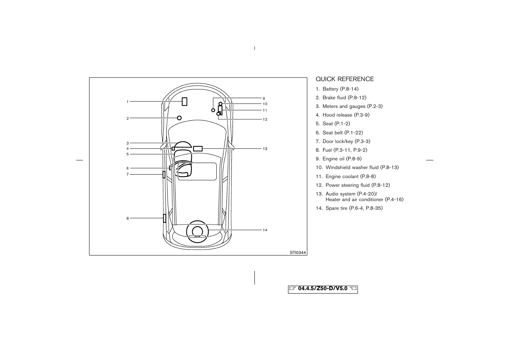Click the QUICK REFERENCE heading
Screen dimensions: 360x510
coord(345,79)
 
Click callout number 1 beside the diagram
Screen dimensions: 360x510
coord(128,102)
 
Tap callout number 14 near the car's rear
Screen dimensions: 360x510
coord(265,230)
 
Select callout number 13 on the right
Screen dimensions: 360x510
coord(265,149)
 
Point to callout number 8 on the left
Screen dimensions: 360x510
coord(128,218)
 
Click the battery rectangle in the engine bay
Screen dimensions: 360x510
coord(184,102)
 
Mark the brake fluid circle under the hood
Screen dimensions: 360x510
coord(179,118)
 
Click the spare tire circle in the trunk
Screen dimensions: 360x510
coord(197,231)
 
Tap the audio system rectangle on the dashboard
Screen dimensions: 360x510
coord(198,149)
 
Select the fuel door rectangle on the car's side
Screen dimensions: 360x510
coord(165,218)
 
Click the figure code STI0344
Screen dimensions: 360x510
coord(297,253)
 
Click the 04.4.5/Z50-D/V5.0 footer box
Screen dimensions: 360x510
coord(323,289)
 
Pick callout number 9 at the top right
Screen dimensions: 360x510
coord(264,98)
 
